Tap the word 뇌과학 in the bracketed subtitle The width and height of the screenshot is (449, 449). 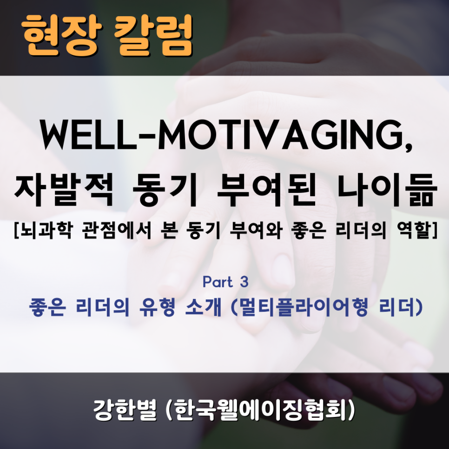tap(45, 231)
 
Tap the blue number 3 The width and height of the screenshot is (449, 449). tap(244, 282)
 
